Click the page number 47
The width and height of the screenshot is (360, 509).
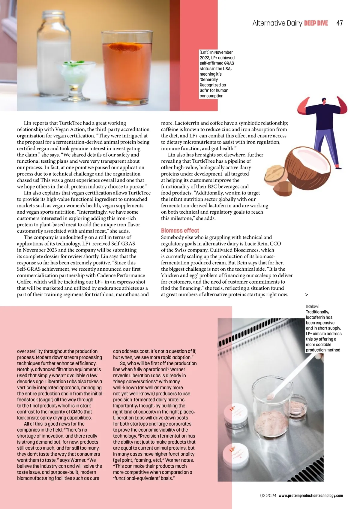(x=339, y=23)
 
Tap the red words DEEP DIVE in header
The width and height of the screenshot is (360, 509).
(x=316, y=23)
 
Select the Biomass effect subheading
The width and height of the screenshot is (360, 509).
(x=180, y=230)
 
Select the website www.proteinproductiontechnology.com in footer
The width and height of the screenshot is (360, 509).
(x=310, y=495)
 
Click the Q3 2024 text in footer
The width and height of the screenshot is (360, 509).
(x=268, y=495)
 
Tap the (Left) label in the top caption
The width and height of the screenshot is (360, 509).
(x=204, y=52)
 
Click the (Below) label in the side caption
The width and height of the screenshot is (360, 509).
(x=312, y=306)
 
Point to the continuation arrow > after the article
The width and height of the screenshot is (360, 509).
(x=306, y=295)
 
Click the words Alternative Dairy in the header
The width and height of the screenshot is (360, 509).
(x=277, y=23)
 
